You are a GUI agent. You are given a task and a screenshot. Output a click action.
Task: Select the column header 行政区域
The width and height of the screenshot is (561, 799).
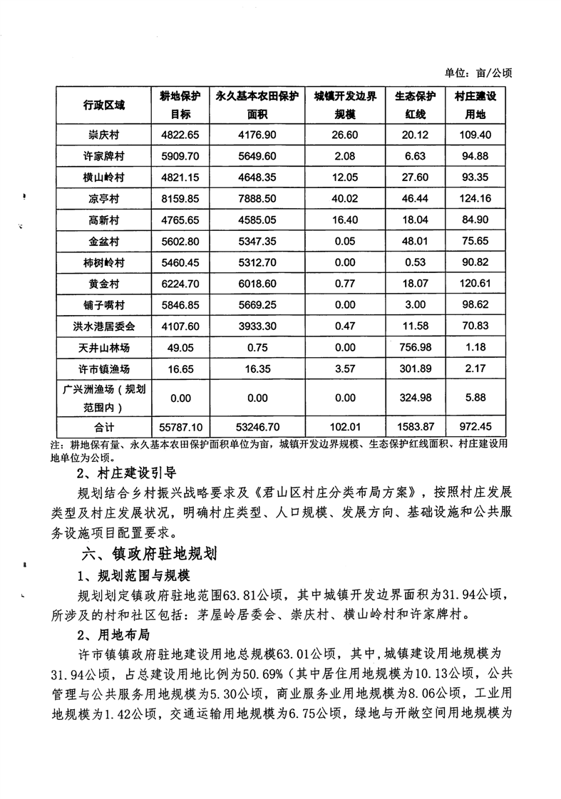(x=103, y=105)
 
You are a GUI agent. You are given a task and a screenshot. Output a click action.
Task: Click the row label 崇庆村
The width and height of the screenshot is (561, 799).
(x=103, y=135)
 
